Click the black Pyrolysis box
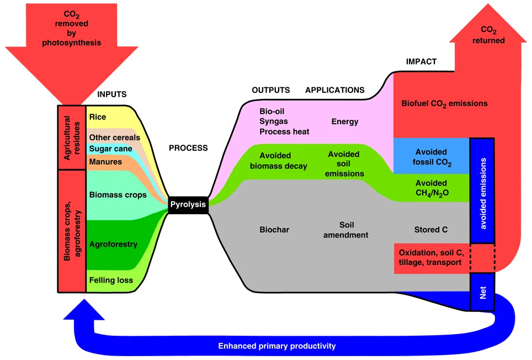(x=188, y=204)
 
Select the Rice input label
(x=98, y=117)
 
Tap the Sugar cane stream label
(x=110, y=149)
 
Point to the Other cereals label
(x=114, y=137)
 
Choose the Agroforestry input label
(x=113, y=244)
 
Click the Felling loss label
(x=111, y=280)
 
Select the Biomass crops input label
(x=118, y=194)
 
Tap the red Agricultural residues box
(x=71, y=137)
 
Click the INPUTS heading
(x=112, y=94)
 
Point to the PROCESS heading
(x=188, y=148)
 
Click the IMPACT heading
(x=421, y=62)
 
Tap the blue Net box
(x=481, y=295)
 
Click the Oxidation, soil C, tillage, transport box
(x=431, y=258)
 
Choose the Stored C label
(x=431, y=229)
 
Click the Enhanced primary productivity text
(x=277, y=346)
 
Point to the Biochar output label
(x=274, y=229)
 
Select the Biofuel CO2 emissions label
(x=444, y=103)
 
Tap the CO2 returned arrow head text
(x=492, y=35)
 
